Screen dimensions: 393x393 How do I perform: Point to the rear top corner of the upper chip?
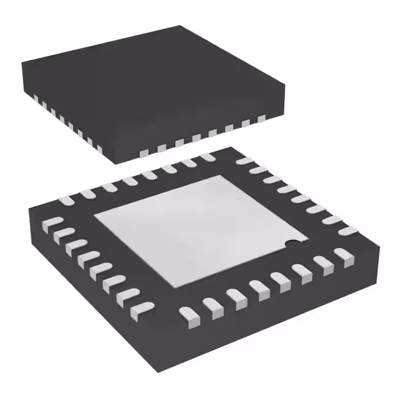[x=179, y=26]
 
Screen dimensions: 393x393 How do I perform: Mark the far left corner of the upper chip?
[x=21, y=61]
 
